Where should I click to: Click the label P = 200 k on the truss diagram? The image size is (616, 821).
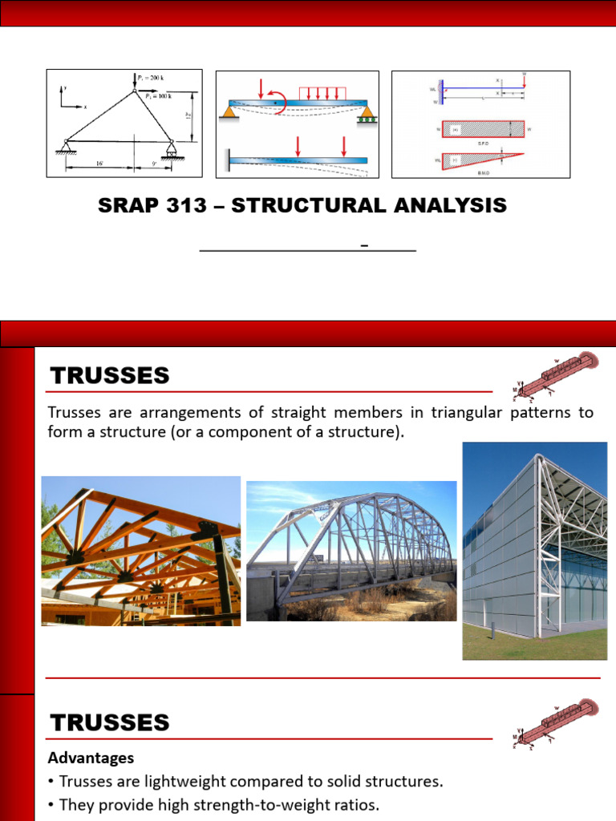pyautogui.click(x=151, y=78)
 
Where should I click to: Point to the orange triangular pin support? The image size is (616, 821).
pyautogui.click(x=229, y=113)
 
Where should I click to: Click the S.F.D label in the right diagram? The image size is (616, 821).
pyautogui.click(x=481, y=143)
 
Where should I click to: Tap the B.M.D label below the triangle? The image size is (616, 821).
pyautogui.click(x=481, y=171)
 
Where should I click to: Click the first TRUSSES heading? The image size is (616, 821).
pyautogui.click(x=110, y=375)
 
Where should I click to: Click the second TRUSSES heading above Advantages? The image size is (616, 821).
pyautogui.click(x=110, y=722)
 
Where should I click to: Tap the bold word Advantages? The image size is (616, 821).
pyautogui.click(x=91, y=758)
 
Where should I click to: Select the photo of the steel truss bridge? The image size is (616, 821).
pyautogui.click(x=351, y=551)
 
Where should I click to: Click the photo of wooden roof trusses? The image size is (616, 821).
pyautogui.click(x=140, y=551)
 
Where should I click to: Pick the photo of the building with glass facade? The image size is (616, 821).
pyautogui.click(x=534, y=551)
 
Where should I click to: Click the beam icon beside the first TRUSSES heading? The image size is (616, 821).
pyautogui.click(x=555, y=374)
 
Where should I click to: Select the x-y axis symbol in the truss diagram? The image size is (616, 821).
pyautogui.click(x=69, y=98)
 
